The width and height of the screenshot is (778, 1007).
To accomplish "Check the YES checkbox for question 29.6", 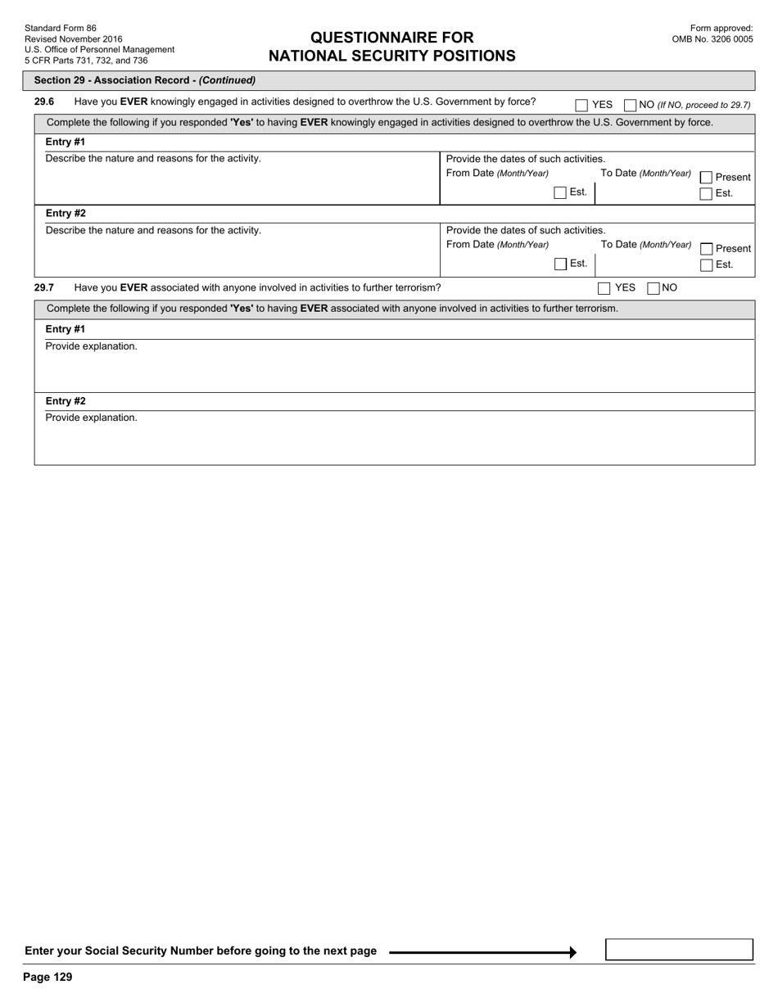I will point(581,105).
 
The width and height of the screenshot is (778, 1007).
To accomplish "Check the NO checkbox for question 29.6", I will point(630,105).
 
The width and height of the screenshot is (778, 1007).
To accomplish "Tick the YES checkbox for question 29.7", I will point(604,288).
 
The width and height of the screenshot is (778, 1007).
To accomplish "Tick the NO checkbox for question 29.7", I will point(654,288).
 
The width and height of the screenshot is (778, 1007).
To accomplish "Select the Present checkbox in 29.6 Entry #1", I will point(706,178).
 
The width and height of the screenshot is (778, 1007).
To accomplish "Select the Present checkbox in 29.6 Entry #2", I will point(706,249).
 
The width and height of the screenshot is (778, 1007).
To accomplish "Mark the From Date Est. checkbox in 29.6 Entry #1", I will point(560,193).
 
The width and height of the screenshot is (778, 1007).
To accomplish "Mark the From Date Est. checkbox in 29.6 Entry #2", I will point(560,264).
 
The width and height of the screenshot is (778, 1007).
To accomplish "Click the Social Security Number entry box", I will point(679,950).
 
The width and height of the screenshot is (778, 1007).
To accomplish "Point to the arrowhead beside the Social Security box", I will point(572,952).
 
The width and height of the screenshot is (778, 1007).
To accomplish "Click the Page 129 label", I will point(48,977).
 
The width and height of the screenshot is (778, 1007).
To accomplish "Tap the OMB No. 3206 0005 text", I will point(712,38).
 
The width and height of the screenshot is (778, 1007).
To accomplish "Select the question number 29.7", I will point(44,287).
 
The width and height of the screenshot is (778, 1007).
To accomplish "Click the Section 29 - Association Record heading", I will point(145,80).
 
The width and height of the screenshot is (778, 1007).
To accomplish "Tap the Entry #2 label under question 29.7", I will point(66,401).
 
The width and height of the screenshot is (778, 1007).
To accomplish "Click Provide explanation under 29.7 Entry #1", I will point(92,346).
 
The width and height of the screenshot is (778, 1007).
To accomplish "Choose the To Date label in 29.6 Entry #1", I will point(646,174).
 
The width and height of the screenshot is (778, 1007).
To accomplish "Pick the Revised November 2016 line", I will point(74,38).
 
